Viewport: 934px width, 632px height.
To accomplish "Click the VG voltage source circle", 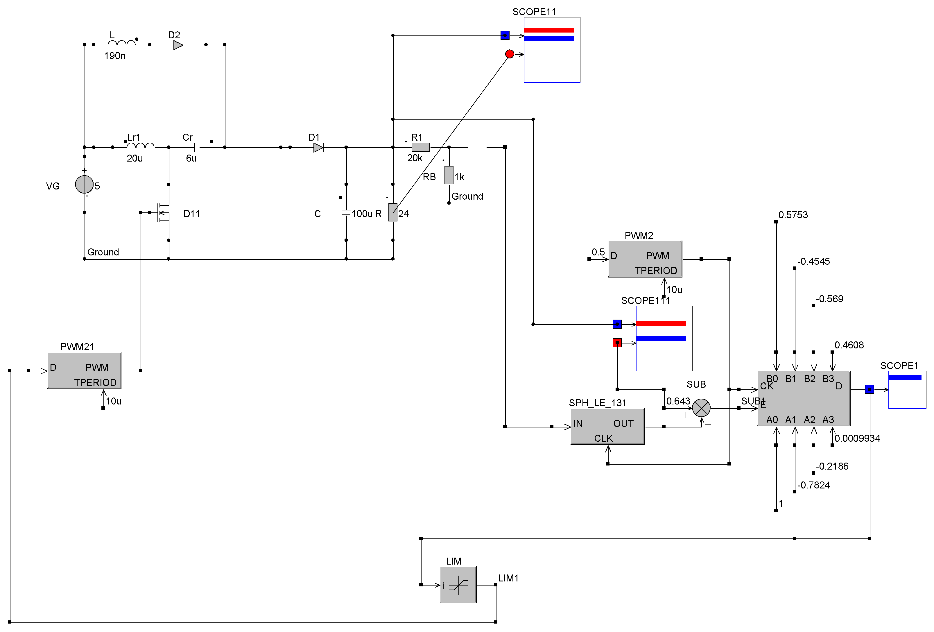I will [85, 185].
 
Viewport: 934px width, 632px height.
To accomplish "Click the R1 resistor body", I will [420, 148].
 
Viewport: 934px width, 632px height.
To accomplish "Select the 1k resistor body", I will [449, 175].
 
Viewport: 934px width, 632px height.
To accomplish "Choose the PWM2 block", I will [645, 259].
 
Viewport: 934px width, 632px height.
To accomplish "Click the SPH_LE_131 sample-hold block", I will [607, 427].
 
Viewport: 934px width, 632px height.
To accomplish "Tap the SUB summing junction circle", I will [701, 409].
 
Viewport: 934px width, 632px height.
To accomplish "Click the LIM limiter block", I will [458, 585].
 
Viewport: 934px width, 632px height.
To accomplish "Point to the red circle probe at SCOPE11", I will [509, 54].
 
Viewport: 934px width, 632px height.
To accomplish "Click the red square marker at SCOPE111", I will [617, 343].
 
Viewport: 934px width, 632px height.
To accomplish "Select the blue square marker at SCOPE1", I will [869, 389].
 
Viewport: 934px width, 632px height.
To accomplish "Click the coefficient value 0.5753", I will [793, 215].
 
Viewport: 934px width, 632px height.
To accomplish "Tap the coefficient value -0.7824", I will [813, 485].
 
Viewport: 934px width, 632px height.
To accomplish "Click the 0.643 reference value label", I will [678, 401].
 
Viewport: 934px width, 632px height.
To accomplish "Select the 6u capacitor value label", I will [191, 158].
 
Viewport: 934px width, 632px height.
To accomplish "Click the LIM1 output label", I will [508, 578].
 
